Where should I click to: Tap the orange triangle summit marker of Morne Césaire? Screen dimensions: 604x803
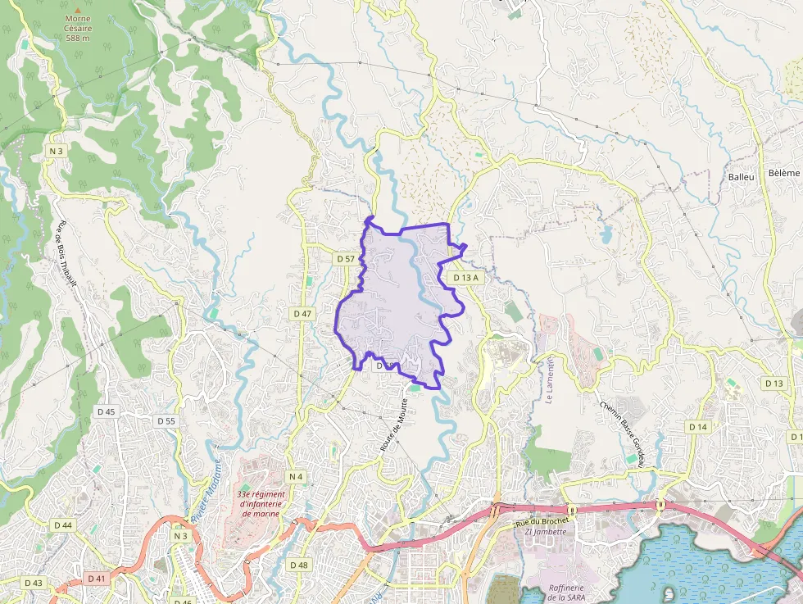(79, 11)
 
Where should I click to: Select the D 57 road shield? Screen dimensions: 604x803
(346, 259)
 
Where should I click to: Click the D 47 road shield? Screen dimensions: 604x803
(302, 314)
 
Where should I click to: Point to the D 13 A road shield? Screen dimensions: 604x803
(465, 278)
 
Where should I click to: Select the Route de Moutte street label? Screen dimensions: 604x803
(394, 425)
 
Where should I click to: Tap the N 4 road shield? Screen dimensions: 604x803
(296, 477)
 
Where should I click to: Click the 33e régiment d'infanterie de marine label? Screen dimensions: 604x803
(261, 504)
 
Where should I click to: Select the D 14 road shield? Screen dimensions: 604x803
(697, 427)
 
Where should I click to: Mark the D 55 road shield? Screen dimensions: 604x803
(166, 420)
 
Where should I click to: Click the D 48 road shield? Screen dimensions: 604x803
(299, 565)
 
